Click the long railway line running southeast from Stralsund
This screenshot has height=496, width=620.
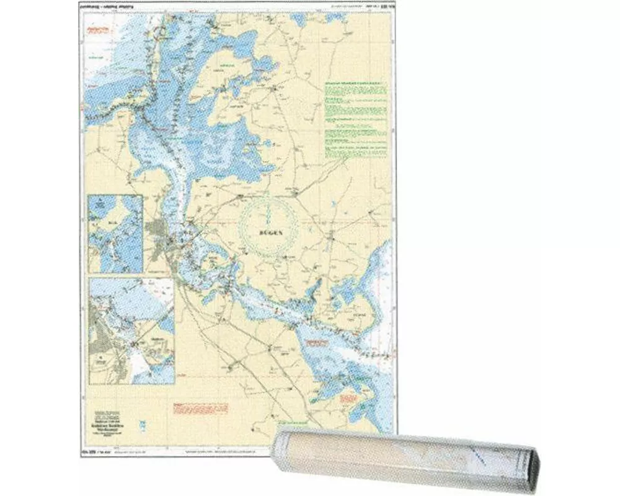click(248, 335)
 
